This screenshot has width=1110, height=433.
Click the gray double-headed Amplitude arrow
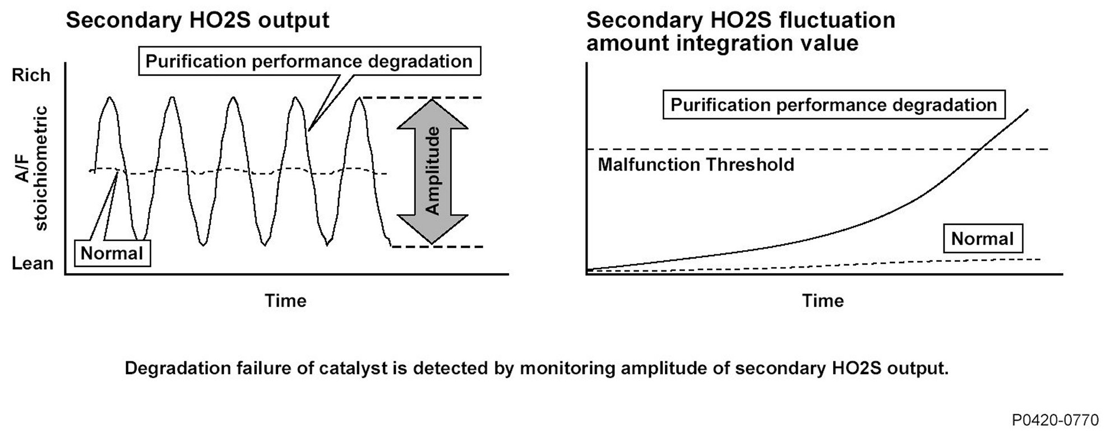click(x=432, y=171)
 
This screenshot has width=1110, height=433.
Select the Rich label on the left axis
click(x=31, y=75)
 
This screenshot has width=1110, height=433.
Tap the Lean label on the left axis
click(x=32, y=263)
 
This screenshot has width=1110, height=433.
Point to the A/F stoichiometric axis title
click(x=31, y=168)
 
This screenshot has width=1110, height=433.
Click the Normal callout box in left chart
click(x=112, y=254)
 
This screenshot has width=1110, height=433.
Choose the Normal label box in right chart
click(x=982, y=239)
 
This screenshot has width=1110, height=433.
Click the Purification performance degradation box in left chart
click(x=309, y=61)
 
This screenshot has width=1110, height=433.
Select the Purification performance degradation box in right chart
click(x=834, y=105)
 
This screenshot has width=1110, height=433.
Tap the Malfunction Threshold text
click(x=696, y=165)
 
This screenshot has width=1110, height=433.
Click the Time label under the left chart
click(x=285, y=301)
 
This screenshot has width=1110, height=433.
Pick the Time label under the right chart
click(x=822, y=301)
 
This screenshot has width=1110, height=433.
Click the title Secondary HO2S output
click(x=197, y=20)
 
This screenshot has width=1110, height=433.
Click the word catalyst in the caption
click(x=353, y=368)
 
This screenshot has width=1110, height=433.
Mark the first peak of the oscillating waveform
click(x=110, y=98)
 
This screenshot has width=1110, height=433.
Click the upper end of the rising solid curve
click(x=1028, y=109)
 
